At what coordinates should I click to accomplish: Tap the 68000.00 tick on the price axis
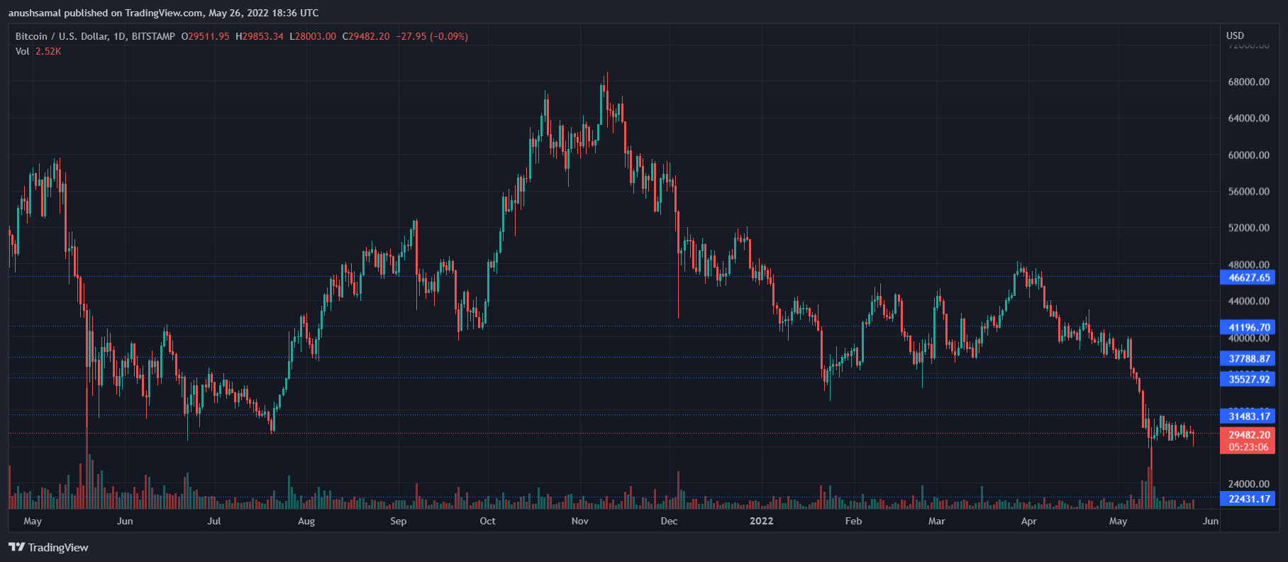click(1248, 82)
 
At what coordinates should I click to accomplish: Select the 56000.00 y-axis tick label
click(1248, 192)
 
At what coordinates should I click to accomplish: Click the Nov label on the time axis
click(579, 521)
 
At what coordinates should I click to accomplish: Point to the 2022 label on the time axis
click(761, 521)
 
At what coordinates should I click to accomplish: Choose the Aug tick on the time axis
click(306, 521)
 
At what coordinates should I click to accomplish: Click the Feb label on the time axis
click(853, 521)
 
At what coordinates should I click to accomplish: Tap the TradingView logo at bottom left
click(48, 547)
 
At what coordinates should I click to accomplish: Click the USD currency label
click(1235, 35)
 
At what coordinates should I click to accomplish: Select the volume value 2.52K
click(48, 51)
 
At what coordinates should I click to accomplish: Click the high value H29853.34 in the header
click(260, 36)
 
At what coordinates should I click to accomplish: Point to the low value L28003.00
click(313, 36)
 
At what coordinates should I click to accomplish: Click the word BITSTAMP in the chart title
click(153, 36)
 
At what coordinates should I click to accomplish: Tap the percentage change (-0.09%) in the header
click(449, 36)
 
